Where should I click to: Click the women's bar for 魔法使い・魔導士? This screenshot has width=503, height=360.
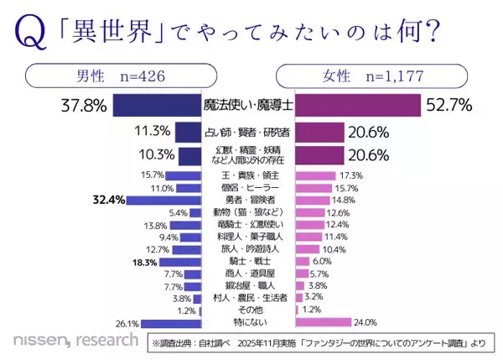click(x=357, y=106)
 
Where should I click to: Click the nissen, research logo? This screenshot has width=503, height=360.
click(x=75, y=340)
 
